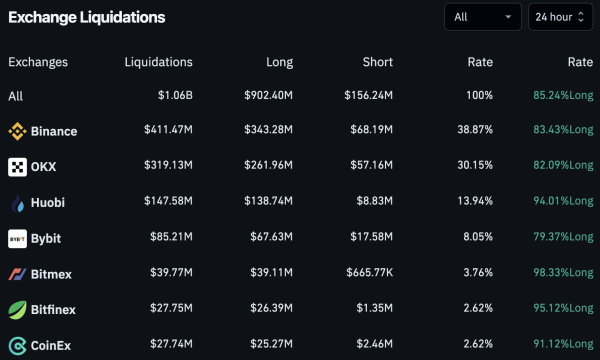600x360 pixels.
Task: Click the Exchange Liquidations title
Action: tap(87, 18)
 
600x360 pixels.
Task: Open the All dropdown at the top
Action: tap(482, 17)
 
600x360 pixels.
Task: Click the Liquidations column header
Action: tap(158, 62)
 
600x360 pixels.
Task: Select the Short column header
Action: tap(377, 62)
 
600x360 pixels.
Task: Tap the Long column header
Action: tap(279, 62)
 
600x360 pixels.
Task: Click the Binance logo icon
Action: tap(17, 131)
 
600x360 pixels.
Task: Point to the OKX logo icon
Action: tap(17, 167)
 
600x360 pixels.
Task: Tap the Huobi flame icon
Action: tap(17, 203)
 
